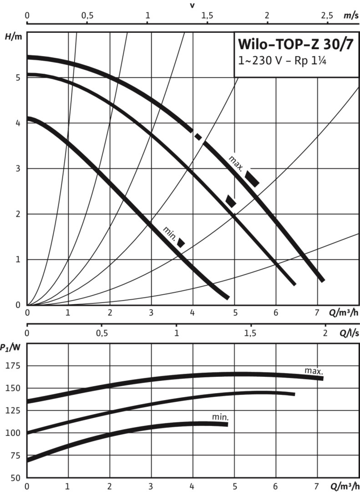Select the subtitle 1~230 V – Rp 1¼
pos(279,61)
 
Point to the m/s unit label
pos(350,15)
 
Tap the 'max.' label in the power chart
pos(314,371)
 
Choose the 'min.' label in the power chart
pos(220,417)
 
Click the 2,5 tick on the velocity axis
pos(327,15)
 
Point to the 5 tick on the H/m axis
pos(18,77)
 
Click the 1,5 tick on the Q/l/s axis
pos(250,333)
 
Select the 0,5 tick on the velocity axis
pos(87,15)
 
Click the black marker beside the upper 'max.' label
pos(252,178)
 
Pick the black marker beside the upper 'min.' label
pos(181,243)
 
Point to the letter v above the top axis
pos(192,5)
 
